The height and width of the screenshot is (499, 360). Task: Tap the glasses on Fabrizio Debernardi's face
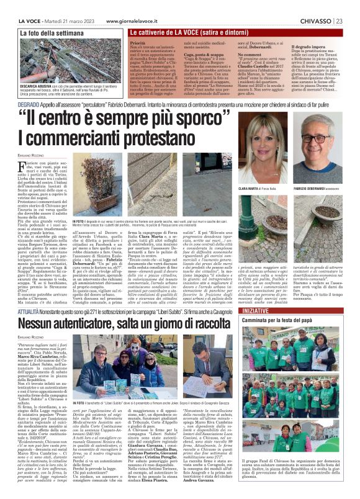point(327,140)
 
